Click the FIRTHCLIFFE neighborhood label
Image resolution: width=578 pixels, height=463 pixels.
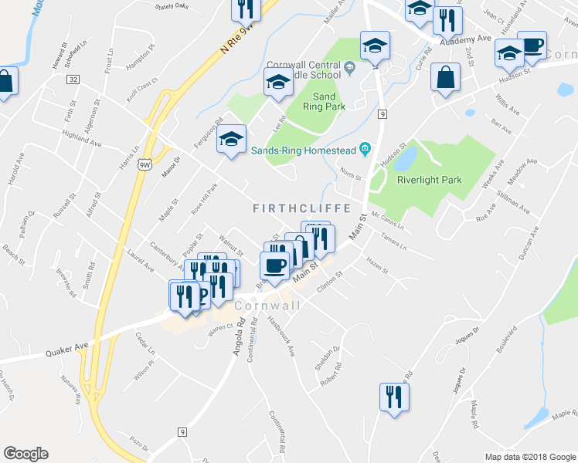tap(302, 208)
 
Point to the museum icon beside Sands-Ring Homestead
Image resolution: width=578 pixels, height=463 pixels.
tap(365, 150)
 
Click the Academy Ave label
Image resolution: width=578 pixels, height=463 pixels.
tap(466, 39)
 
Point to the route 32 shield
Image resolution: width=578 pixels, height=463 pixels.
tap(73, 79)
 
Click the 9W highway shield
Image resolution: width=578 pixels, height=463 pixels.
tap(144, 164)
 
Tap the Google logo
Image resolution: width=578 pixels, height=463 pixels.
tap(25, 453)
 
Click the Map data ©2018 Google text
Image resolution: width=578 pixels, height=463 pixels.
tap(529, 457)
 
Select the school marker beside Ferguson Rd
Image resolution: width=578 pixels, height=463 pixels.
tap(230, 140)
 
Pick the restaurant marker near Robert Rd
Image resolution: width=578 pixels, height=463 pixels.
tap(394, 397)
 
